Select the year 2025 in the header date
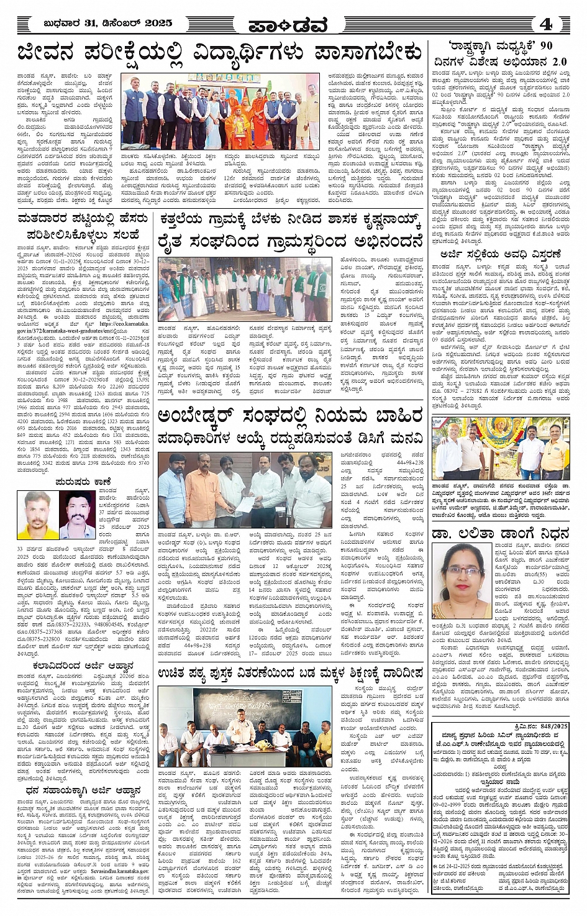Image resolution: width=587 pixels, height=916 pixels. coord(158,23)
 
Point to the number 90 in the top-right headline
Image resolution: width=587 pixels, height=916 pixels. coord(545,46)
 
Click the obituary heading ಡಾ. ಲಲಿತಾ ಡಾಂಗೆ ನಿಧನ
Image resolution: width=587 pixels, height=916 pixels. coord(500,534)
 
